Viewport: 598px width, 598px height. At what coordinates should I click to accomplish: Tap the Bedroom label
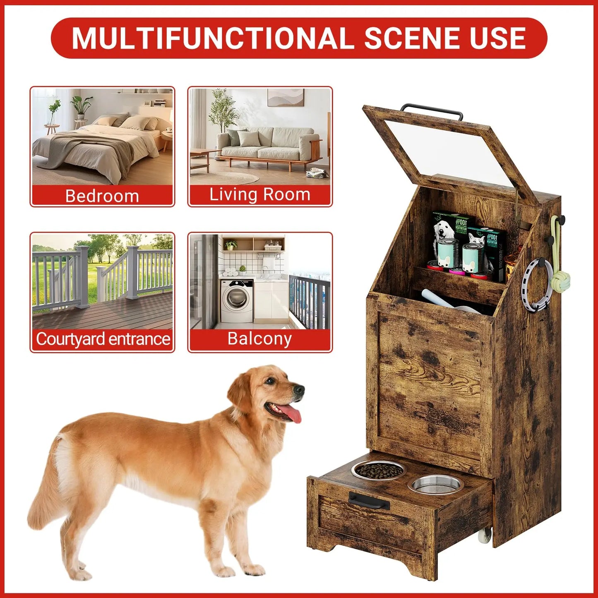(102, 196)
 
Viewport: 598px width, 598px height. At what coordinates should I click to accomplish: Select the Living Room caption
(259, 195)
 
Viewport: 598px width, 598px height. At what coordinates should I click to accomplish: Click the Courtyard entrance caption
(103, 339)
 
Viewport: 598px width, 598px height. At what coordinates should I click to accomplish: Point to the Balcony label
(259, 339)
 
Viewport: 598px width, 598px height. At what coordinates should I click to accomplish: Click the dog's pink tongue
(293, 414)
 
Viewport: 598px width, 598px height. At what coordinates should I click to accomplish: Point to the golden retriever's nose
(300, 389)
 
